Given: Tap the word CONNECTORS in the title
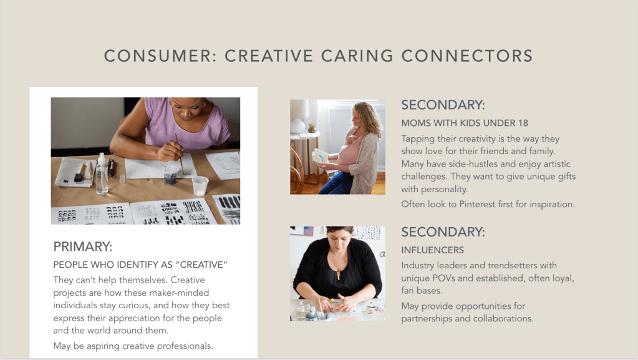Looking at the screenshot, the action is pyautogui.click(x=467, y=56).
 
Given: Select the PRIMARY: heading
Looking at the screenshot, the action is pyautogui.click(x=82, y=247).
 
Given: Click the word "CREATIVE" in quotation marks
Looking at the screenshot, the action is pyautogui.click(x=201, y=265).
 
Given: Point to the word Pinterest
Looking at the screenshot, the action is pyautogui.click(x=477, y=204).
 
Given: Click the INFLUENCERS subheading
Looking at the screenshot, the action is pyautogui.click(x=433, y=250).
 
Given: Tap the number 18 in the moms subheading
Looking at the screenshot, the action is pyautogui.click(x=523, y=123).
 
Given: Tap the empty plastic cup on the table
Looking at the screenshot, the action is pyautogui.click(x=200, y=186).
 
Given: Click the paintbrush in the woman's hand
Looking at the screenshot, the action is pyautogui.click(x=179, y=153).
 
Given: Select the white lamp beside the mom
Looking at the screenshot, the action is pyautogui.click(x=299, y=117).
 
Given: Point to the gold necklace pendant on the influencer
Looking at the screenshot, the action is pyautogui.click(x=338, y=275).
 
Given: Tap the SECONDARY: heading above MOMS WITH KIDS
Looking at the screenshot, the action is pyautogui.click(x=443, y=105).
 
